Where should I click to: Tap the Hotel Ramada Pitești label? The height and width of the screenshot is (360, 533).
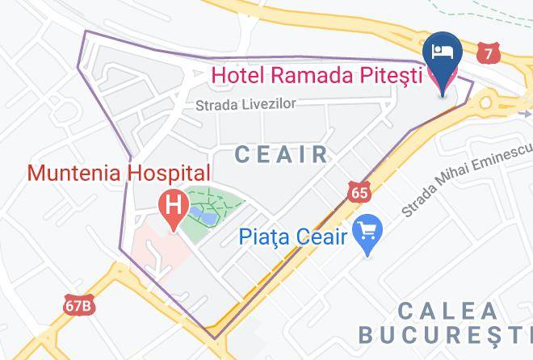point(317,77)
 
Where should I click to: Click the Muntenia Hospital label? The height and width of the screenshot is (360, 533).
point(119,173)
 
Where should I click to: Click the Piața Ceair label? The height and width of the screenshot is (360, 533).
point(293,237)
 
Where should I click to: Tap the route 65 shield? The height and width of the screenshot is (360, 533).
point(360,190)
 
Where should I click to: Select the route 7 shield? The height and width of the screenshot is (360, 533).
point(487,53)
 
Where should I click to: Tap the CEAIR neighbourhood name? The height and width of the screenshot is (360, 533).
point(281,154)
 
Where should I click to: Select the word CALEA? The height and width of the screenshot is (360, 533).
point(447,310)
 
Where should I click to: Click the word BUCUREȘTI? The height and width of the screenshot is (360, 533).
point(444,333)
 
